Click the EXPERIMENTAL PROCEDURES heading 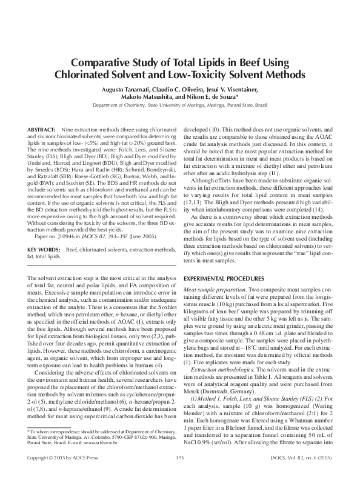pyautogui.click(x=224, y=292)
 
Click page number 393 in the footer pyautogui.click(x=179, y=457)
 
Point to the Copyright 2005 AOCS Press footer pyautogui.click(x=60, y=457)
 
